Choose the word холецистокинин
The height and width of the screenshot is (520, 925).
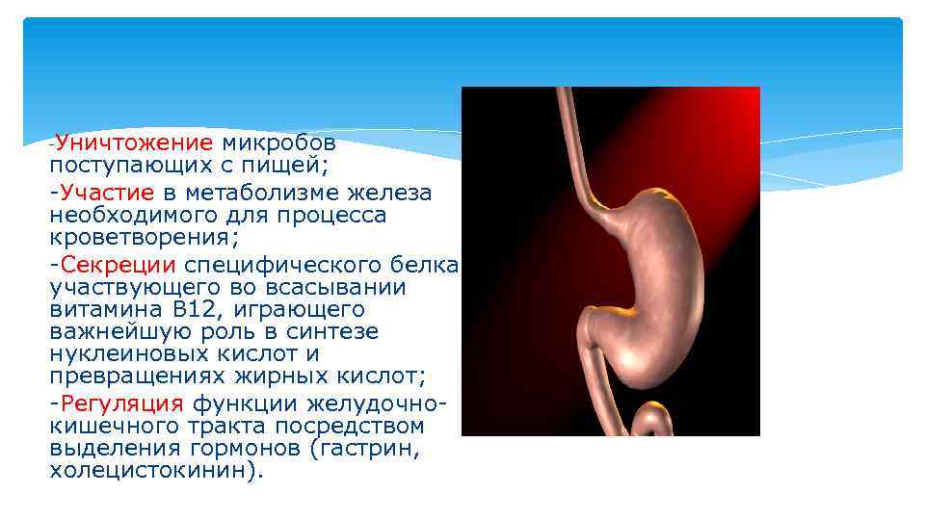(150, 471)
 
